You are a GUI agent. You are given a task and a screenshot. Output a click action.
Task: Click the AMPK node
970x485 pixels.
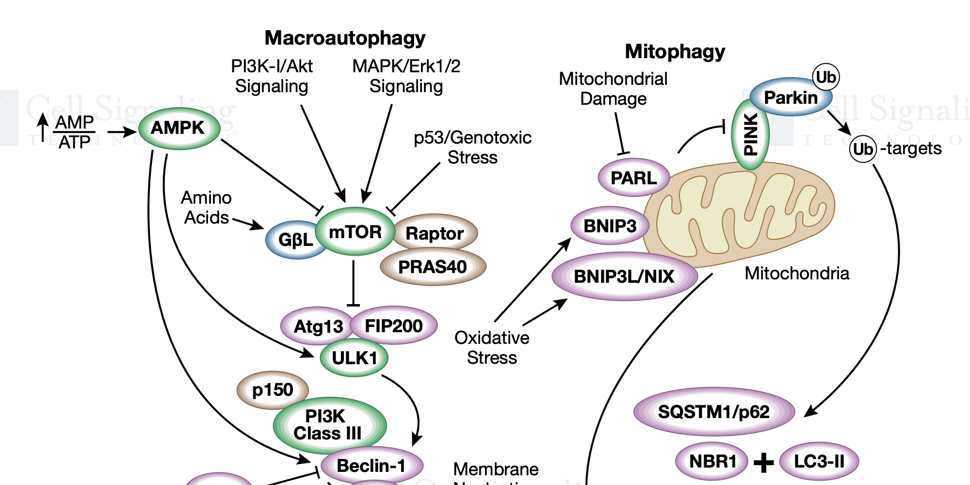click(x=179, y=129)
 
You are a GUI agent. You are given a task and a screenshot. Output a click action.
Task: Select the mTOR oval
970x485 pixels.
click(x=355, y=232)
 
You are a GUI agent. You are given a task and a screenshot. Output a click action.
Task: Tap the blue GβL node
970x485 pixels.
click(x=294, y=240)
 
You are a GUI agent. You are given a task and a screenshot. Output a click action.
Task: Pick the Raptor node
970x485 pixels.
click(x=435, y=233)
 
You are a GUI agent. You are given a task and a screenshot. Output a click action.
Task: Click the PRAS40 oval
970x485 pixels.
click(x=433, y=267)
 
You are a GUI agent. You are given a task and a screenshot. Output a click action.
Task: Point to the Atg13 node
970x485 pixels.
click(x=318, y=326)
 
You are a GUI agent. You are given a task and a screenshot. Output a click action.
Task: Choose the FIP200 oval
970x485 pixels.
click(x=393, y=326)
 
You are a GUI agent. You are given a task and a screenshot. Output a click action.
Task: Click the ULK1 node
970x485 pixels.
click(x=354, y=358)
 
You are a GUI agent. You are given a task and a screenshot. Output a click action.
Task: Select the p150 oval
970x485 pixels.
click(x=273, y=390)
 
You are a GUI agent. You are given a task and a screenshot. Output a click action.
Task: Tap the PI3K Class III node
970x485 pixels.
click(x=328, y=425)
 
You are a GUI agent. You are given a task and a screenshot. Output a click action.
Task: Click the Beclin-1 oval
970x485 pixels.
click(x=372, y=466)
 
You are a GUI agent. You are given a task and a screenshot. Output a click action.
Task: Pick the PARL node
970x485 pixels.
click(x=633, y=178)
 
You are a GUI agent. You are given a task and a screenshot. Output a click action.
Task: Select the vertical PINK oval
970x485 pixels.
click(x=750, y=135)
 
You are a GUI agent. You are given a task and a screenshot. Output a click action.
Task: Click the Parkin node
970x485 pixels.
click(x=791, y=97)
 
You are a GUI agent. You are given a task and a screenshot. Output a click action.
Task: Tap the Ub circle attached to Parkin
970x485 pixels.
click(x=825, y=77)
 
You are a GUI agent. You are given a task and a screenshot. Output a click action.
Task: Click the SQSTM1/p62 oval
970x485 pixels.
click(x=713, y=412)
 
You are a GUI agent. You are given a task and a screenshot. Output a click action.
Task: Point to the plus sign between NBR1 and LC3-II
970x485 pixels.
click(x=763, y=462)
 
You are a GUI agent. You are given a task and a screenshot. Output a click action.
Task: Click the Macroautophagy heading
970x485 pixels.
click(x=345, y=38)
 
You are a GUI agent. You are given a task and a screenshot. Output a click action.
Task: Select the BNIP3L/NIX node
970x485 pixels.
click(x=624, y=276)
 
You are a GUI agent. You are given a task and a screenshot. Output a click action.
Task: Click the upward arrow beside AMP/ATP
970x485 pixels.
click(x=43, y=127)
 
